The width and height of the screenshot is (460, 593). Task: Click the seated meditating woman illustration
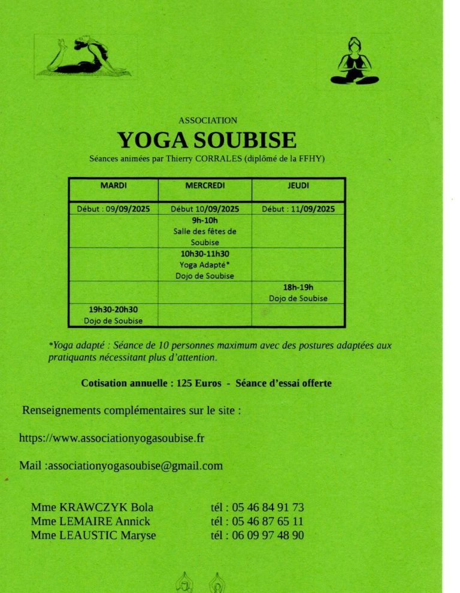(x=355, y=62)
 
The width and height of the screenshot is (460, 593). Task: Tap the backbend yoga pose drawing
(x=83, y=57)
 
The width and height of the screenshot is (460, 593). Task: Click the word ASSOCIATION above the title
(x=207, y=121)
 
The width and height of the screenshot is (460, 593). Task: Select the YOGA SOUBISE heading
(x=207, y=140)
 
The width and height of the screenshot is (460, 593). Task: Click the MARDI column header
(x=113, y=186)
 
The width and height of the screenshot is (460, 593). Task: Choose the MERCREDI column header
(x=205, y=186)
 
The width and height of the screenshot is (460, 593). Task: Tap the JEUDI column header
(x=298, y=186)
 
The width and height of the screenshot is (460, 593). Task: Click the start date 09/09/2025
(x=128, y=209)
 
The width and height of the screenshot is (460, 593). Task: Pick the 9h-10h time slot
(x=205, y=221)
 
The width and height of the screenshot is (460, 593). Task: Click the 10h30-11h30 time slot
(x=205, y=254)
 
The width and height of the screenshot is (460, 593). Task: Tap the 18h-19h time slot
(x=298, y=287)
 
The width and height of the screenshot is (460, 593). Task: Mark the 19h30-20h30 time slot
(x=113, y=309)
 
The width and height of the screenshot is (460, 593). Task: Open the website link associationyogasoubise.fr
(x=112, y=438)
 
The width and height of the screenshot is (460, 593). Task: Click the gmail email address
(x=135, y=465)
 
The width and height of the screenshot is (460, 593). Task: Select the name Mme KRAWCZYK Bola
(x=92, y=507)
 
